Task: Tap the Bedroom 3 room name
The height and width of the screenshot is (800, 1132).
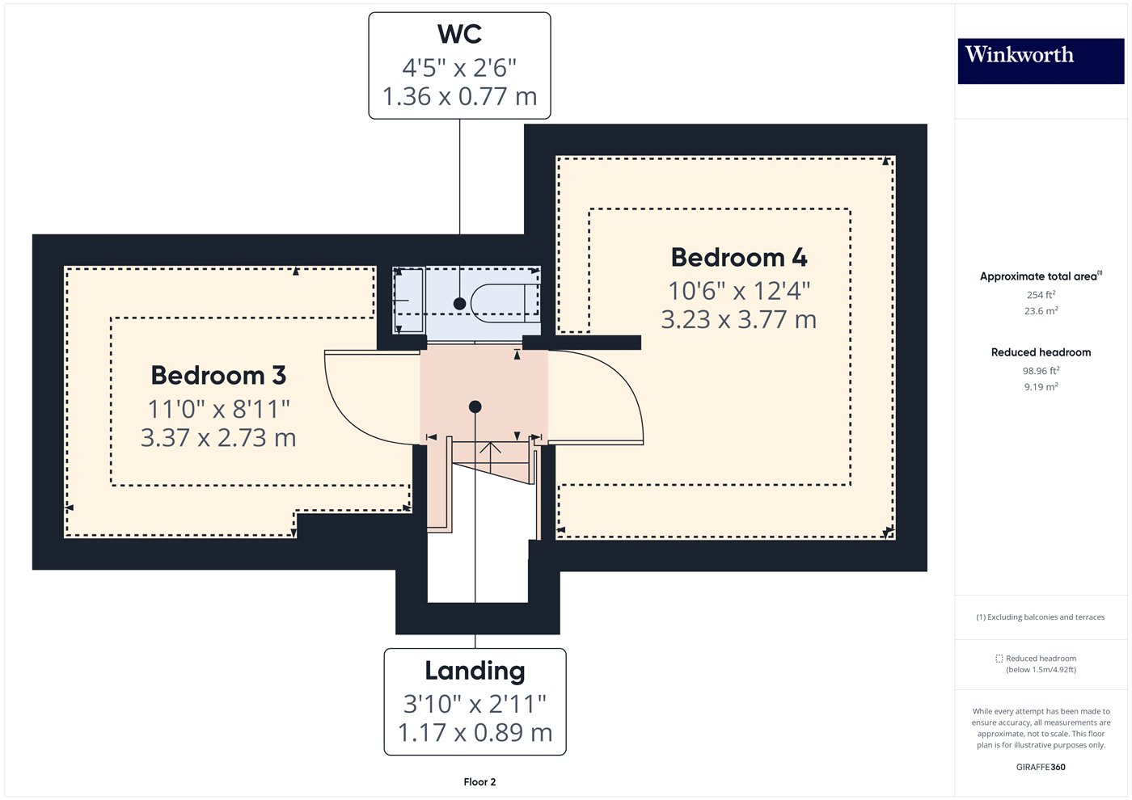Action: [x=218, y=376]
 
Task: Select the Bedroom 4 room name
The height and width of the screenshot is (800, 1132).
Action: [x=738, y=258]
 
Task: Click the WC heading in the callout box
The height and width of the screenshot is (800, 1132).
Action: [x=459, y=35]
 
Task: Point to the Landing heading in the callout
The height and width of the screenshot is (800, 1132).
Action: [x=475, y=671]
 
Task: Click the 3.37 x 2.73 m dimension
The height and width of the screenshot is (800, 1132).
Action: [x=218, y=438]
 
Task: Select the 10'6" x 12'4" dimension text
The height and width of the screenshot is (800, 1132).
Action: [x=738, y=290]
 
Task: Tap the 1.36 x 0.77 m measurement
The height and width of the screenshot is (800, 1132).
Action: [x=459, y=96]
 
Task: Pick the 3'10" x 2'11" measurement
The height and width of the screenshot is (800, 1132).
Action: [x=475, y=704]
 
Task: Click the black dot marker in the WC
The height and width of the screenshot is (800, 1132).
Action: [x=459, y=304]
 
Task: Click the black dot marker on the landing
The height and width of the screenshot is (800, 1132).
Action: [x=475, y=406]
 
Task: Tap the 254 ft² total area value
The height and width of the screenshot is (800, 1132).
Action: [x=1041, y=295]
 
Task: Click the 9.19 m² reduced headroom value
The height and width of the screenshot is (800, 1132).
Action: [x=1041, y=387]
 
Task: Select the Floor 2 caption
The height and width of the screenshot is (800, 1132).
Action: [x=479, y=782]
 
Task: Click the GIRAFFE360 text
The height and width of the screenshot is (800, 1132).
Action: [x=1041, y=767]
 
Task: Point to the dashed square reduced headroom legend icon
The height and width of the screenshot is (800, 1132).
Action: [x=999, y=659]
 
